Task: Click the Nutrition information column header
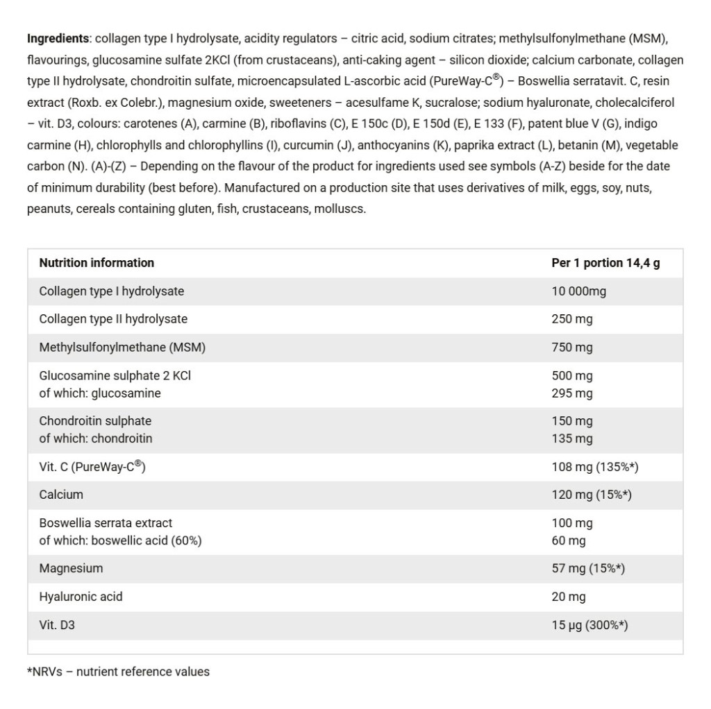pyautogui.click(x=97, y=263)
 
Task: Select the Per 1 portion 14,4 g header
pyautogui.click(x=605, y=263)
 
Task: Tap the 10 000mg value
pyautogui.click(x=578, y=291)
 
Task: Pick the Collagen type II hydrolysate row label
pyautogui.click(x=113, y=319)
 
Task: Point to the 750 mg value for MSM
pyautogui.click(x=572, y=348)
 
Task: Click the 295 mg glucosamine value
pyautogui.click(x=572, y=393)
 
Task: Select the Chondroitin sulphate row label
pyautogui.click(x=95, y=420)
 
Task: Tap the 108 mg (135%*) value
pyautogui.click(x=595, y=467)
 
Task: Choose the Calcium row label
pyautogui.click(x=61, y=495)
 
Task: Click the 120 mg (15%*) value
pyautogui.click(x=591, y=495)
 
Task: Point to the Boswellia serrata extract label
pyautogui.click(x=106, y=522)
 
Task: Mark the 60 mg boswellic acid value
pyautogui.click(x=569, y=540)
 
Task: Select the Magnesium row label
pyautogui.click(x=71, y=568)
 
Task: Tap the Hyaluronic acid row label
pyautogui.click(x=81, y=597)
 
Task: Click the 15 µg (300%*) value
pyautogui.click(x=589, y=625)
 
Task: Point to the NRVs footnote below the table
pyautogui.click(x=118, y=672)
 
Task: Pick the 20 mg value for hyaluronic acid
pyautogui.click(x=569, y=597)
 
